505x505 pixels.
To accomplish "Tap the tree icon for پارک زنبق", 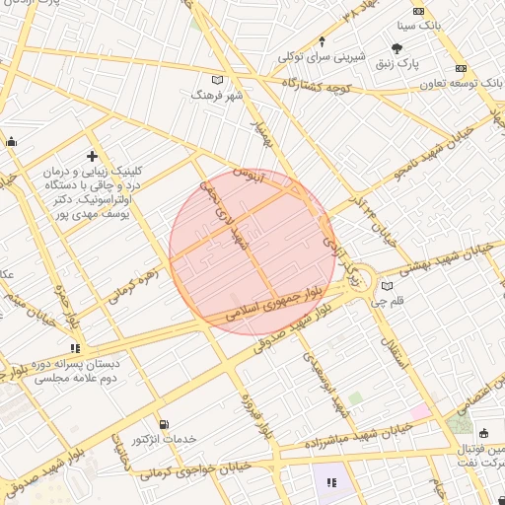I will tap(397, 48).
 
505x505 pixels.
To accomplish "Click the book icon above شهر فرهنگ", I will tap(218, 80).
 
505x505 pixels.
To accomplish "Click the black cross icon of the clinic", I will tap(93, 156).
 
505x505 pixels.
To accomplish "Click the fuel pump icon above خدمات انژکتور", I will tap(163, 424).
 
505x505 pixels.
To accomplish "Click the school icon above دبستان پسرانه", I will tap(75, 348).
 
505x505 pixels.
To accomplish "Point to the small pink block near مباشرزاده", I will tap(420, 410).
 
